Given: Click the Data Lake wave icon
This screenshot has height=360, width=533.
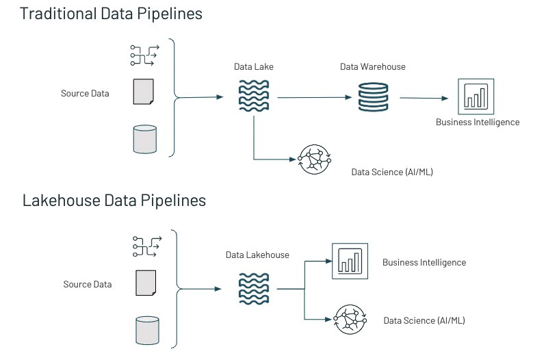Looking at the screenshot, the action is [254, 96].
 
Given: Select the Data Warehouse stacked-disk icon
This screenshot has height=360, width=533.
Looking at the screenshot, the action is [373, 97].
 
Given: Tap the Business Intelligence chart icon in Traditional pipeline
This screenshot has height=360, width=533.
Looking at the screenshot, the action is [476, 97].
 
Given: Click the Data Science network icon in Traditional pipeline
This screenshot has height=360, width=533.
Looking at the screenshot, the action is [314, 159].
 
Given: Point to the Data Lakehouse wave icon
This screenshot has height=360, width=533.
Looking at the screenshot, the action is [254, 289].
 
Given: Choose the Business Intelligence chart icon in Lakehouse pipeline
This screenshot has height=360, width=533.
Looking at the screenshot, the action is [350, 261].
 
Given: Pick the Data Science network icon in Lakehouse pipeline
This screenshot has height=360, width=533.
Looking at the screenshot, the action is [350, 320].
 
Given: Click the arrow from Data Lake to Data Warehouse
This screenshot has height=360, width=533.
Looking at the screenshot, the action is [315, 98].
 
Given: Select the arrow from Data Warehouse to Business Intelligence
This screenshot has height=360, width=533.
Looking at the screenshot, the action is [424, 98].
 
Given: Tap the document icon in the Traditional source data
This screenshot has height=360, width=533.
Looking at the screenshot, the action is [144, 92].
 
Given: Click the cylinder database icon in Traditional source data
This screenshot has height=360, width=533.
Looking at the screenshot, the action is [145, 140].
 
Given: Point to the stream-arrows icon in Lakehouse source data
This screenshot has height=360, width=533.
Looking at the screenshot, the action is [147, 246].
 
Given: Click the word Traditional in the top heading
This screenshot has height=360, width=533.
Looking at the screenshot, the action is [58, 14].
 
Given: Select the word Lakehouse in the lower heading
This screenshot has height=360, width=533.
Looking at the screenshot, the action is [61, 201].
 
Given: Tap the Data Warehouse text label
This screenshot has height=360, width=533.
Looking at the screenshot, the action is [373, 66].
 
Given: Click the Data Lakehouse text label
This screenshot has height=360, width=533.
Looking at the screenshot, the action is [257, 255].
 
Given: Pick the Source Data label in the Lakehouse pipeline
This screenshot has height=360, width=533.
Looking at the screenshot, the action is [88, 284].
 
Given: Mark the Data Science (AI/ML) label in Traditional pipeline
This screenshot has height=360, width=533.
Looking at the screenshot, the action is [392, 172].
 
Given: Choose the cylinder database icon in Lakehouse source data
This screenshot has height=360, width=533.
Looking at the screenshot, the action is [148, 331].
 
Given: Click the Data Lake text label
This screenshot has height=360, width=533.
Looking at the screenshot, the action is [254, 66].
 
